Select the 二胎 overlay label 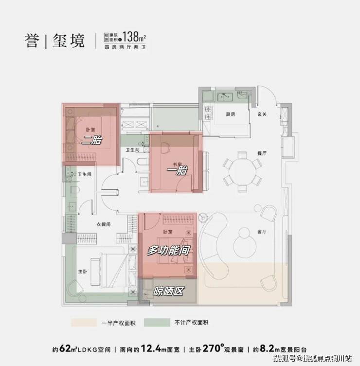point(93,142)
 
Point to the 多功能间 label point(168,251)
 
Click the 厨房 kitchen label point(231,114)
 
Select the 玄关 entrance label point(262,114)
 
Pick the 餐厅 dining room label point(262,152)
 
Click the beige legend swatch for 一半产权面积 point(85,322)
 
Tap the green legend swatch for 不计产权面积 point(157,322)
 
